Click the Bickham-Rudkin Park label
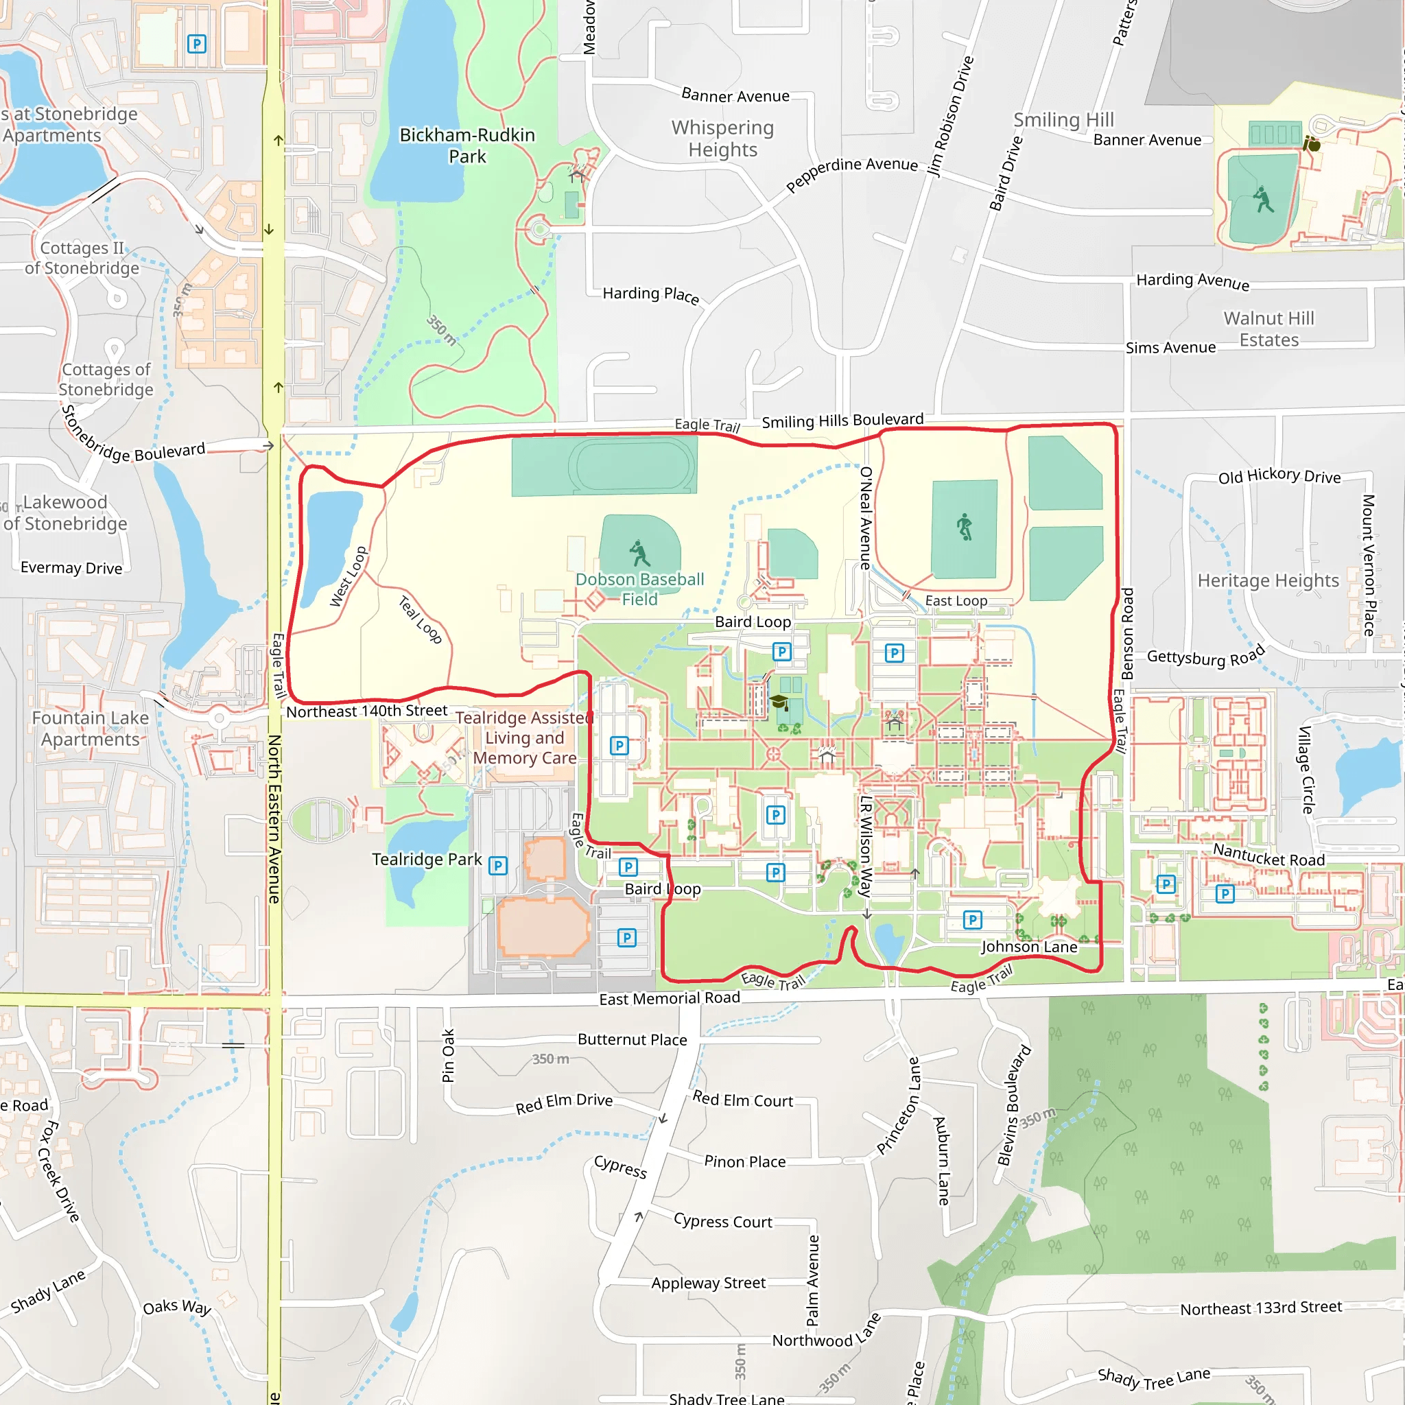tap(467, 145)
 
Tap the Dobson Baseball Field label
tap(639, 589)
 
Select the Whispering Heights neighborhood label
tap(722, 138)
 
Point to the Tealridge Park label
tap(427, 860)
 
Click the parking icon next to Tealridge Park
tap(497, 865)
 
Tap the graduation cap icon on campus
tap(779, 702)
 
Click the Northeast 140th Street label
tap(366, 711)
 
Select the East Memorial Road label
tap(669, 998)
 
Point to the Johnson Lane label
tap(1028, 947)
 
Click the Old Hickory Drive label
tap(1279, 476)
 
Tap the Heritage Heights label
tap(1268, 580)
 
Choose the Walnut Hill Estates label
tap(1268, 329)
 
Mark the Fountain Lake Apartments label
tap(90, 729)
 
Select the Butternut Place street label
tap(632, 1040)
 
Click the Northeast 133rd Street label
tap(1260, 1308)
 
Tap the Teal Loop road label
tap(421, 619)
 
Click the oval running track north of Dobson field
tap(632, 466)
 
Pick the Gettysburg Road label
tap(1205, 656)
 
